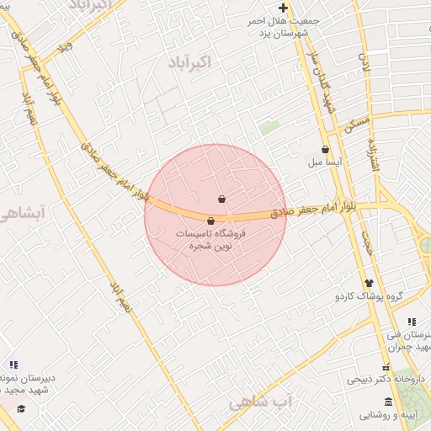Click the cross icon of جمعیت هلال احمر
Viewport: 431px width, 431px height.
pos(283,8)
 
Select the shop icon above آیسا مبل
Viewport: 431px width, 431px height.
pos(325,149)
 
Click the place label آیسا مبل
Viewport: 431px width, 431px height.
pos(324,162)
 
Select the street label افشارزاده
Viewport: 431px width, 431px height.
pos(375,157)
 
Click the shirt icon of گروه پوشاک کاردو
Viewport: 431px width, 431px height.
pos(369,283)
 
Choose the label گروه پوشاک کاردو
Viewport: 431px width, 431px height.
pos(370,296)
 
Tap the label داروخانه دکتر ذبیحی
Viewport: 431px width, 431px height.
pos(377,380)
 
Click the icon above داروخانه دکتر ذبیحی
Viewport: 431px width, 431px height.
pos(386,368)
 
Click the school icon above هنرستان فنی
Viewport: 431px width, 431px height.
pos(412,322)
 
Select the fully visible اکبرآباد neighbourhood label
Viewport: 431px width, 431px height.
pos(193,63)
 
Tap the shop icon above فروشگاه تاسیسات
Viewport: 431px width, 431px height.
pos(210,221)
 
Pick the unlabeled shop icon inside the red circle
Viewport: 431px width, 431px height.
pos(221,200)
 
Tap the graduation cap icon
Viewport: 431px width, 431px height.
pos(21,408)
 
